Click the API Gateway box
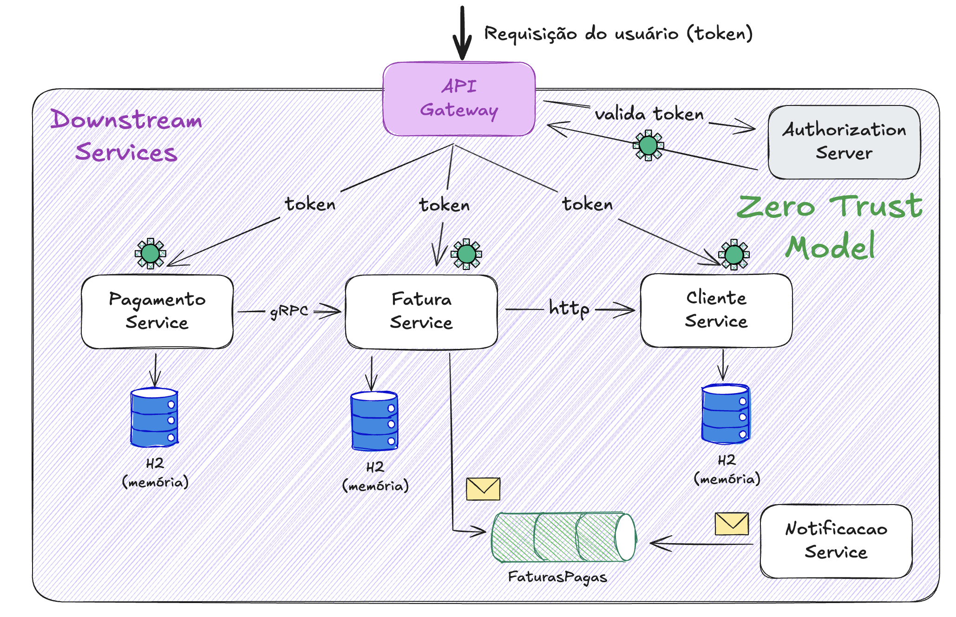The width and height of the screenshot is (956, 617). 459,99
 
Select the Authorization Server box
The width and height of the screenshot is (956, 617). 844,142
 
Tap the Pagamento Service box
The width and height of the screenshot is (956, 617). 157,311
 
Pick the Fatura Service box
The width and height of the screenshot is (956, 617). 421,312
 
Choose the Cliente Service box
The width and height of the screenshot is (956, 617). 716,310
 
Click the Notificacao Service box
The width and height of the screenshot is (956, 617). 836,541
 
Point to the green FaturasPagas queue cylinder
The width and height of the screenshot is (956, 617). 564,537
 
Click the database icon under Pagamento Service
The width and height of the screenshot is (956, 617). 154,417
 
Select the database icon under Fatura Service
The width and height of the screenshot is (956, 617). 374,421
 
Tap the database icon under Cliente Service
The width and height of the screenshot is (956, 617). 726,414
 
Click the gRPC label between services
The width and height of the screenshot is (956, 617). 289,311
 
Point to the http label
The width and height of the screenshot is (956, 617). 569,308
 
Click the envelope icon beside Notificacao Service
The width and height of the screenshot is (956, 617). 732,524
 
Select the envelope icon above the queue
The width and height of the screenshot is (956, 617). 483,489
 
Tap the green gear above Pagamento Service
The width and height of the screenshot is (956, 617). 150,253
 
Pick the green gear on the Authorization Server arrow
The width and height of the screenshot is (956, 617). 648,145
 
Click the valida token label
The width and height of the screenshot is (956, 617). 649,114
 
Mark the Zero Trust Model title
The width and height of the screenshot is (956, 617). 830,226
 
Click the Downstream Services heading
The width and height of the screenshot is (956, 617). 126,136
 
